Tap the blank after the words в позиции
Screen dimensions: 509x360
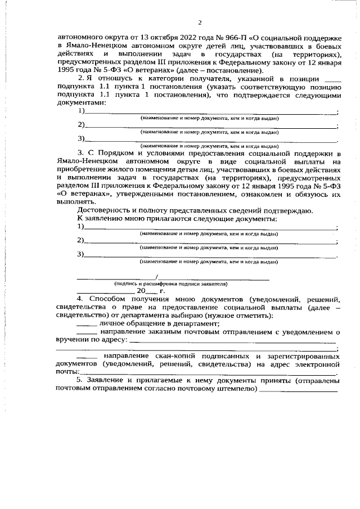(333, 80)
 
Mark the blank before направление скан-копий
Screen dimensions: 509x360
(86, 356)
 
